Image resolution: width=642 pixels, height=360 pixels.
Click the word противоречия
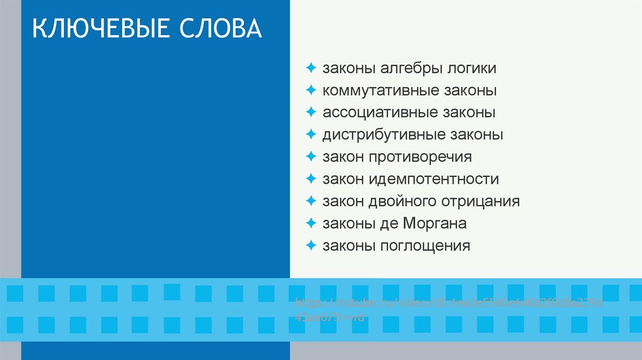420,157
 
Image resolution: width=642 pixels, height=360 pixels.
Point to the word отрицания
481,202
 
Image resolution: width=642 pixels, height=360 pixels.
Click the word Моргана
435,224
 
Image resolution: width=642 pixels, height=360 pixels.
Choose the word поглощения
425,246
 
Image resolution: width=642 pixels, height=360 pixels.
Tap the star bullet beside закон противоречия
311,156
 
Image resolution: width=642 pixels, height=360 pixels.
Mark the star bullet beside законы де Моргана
311,223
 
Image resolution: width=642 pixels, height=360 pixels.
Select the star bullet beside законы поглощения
311,245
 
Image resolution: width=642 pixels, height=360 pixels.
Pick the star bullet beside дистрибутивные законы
311,134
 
